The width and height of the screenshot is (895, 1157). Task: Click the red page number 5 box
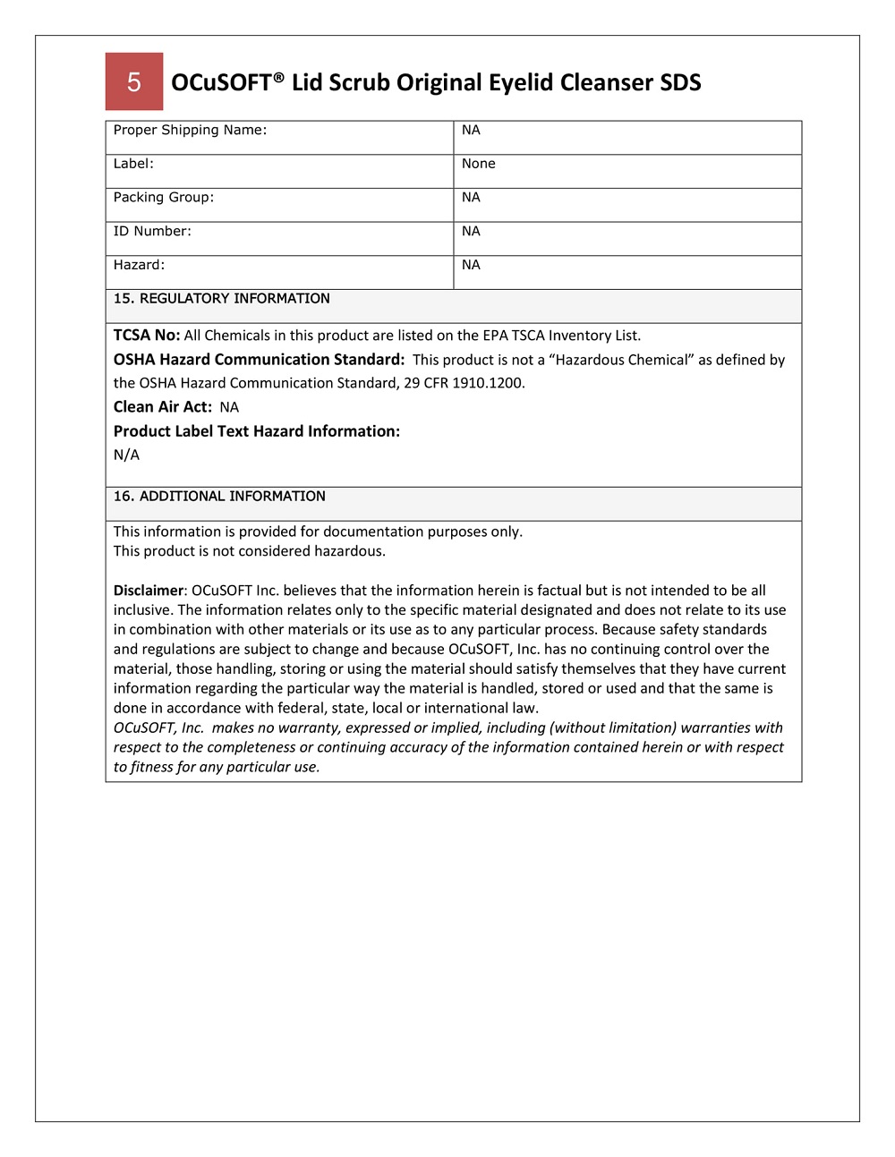(134, 81)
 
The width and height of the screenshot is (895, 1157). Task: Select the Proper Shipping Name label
(190, 130)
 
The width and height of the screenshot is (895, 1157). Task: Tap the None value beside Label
(478, 164)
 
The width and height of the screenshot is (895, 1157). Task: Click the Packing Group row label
(163, 198)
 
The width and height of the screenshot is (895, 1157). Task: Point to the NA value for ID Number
(471, 231)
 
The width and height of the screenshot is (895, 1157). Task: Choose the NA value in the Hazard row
(471, 265)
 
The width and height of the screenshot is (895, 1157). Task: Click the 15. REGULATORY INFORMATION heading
(221, 299)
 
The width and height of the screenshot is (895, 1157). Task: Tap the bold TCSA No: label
(147, 336)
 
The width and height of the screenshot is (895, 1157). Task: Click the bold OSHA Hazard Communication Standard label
(259, 360)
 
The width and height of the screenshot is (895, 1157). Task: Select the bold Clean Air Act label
(162, 407)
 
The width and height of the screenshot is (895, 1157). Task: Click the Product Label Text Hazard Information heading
(256, 431)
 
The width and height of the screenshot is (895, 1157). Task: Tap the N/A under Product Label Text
(126, 455)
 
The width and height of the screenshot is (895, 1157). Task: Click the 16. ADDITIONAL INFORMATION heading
(219, 497)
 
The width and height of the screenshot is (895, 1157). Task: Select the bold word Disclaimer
(148, 591)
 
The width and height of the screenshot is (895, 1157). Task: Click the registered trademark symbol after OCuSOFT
(279, 76)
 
